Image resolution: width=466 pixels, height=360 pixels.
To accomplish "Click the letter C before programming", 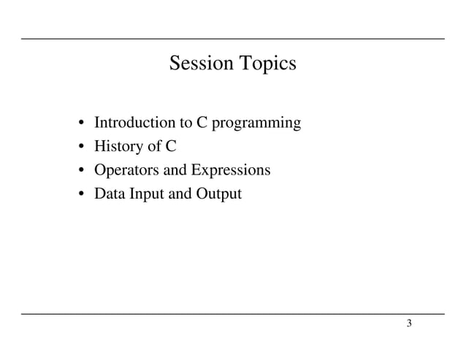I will tap(202, 122).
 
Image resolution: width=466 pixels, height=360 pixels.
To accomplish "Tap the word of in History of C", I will tap(155, 146).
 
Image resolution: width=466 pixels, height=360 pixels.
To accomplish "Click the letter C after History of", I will tap(170, 146).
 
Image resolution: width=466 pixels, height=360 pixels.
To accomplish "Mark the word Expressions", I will tap(231, 171).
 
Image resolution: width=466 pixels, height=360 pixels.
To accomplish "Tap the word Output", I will tap(217, 195).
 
